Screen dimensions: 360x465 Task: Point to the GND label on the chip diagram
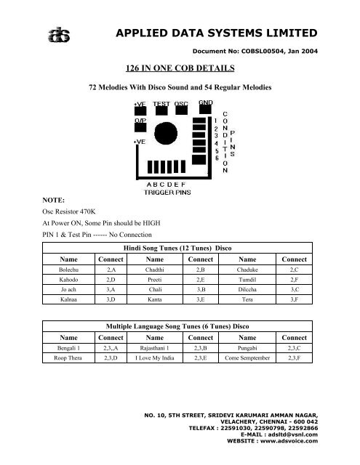tap(207, 103)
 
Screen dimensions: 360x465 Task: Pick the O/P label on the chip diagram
tap(140, 121)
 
